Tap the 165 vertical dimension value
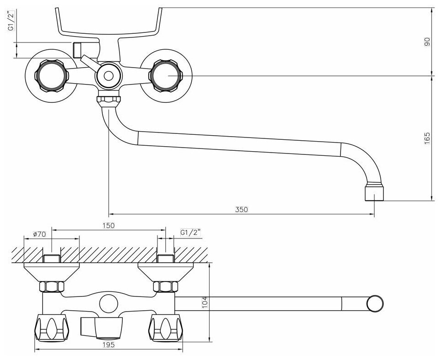point(427,138)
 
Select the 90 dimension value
point(427,42)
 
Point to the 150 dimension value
point(108,225)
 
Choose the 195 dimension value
point(108,345)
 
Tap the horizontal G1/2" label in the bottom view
point(191,232)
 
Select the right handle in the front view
point(165,75)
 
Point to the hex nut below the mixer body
point(108,99)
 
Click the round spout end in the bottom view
point(375,302)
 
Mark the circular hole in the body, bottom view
point(108,302)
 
